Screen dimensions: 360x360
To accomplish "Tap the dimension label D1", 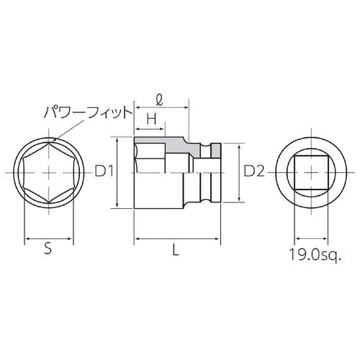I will [x=105, y=171].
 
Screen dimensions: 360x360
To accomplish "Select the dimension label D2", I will [x=254, y=171].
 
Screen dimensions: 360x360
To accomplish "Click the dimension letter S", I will [x=48, y=249].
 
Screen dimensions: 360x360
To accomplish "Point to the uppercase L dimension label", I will [x=176, y=249].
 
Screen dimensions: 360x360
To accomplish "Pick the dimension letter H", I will [x=151, y=117].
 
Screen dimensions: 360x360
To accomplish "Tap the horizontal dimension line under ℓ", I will [x=162, y=108].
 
